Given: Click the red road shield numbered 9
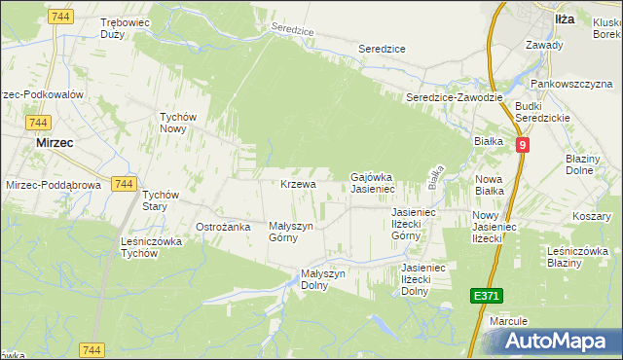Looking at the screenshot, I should (523, 144).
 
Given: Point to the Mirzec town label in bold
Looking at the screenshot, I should (55, 141).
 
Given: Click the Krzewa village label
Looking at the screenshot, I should (299, 184).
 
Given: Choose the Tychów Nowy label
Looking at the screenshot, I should (179, 123).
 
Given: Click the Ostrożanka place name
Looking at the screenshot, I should (224, 227).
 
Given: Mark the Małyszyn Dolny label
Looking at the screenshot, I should (323, 279).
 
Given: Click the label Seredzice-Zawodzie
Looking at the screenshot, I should (454, 97).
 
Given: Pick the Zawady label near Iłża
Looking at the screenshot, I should (544, 45).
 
